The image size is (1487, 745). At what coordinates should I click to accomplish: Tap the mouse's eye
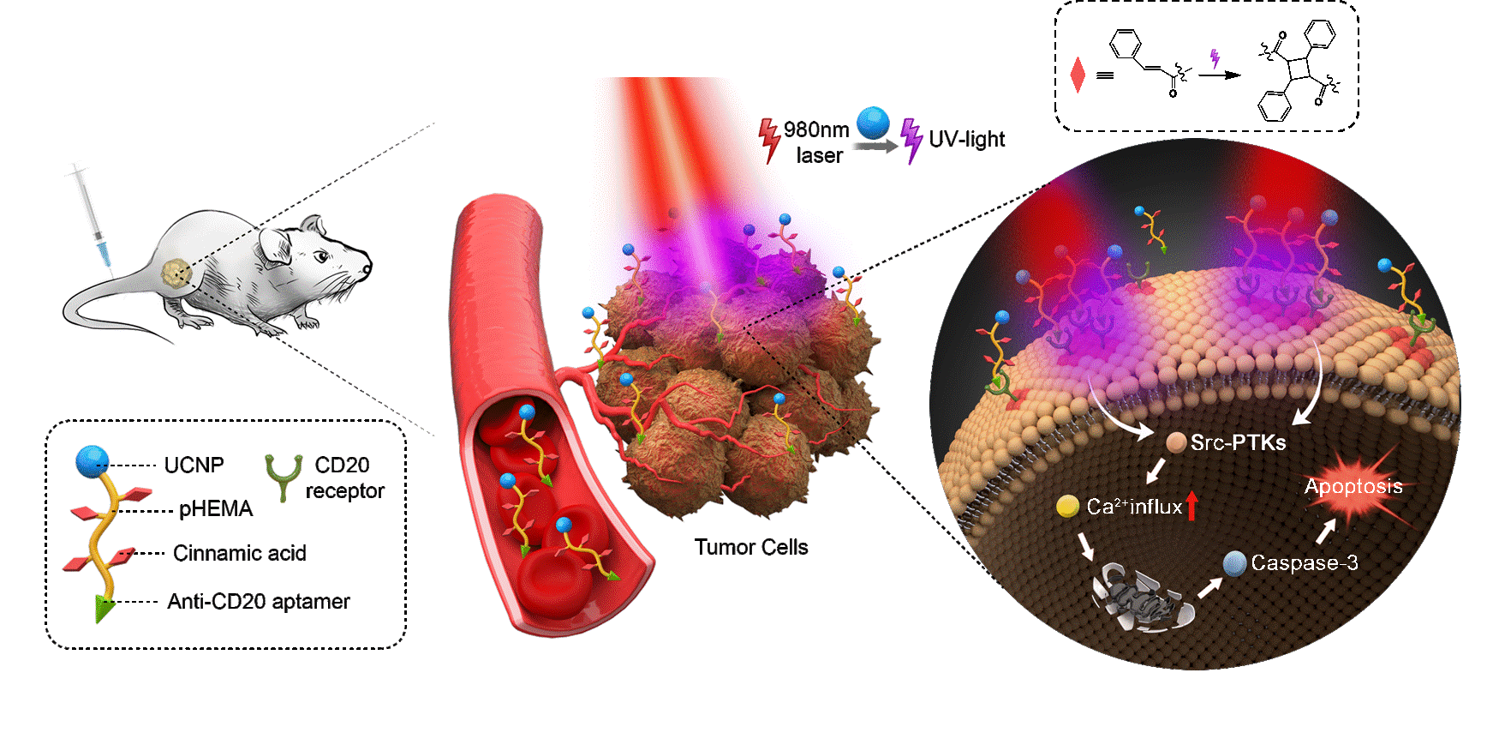(x=322, y=255)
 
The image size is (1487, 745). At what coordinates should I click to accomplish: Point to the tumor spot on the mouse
(x=176, y=273)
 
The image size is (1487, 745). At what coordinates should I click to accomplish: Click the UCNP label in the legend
(x=194, y=465)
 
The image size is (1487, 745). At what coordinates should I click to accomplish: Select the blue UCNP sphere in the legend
(x=92, y=462)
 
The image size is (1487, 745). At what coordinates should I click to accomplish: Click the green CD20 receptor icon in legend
(x=284, y=477)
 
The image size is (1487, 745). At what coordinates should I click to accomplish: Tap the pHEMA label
(x=215, y=509)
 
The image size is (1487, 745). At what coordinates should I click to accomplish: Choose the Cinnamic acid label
(x=239, y=553)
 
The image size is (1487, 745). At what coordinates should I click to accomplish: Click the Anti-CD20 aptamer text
(x=259, y=602)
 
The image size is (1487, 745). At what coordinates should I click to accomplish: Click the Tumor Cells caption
(x=751, y=547)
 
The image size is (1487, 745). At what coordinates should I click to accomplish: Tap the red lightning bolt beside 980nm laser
(x=769, y=140)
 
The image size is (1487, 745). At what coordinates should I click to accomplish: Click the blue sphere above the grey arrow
(x=873, y=123)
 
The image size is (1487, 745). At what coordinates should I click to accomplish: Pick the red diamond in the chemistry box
(x=1078, y=75)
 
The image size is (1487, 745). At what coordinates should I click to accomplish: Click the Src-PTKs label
(x=1238, y=442)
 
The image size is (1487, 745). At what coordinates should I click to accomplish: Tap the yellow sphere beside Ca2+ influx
(x=1067, y=507)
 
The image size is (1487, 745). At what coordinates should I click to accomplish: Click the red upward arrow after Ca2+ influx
(x=1191, y=505)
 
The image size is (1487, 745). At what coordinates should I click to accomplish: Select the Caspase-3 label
(x=1304, y=562)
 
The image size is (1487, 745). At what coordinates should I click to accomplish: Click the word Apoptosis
(x=1353, y=486)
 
